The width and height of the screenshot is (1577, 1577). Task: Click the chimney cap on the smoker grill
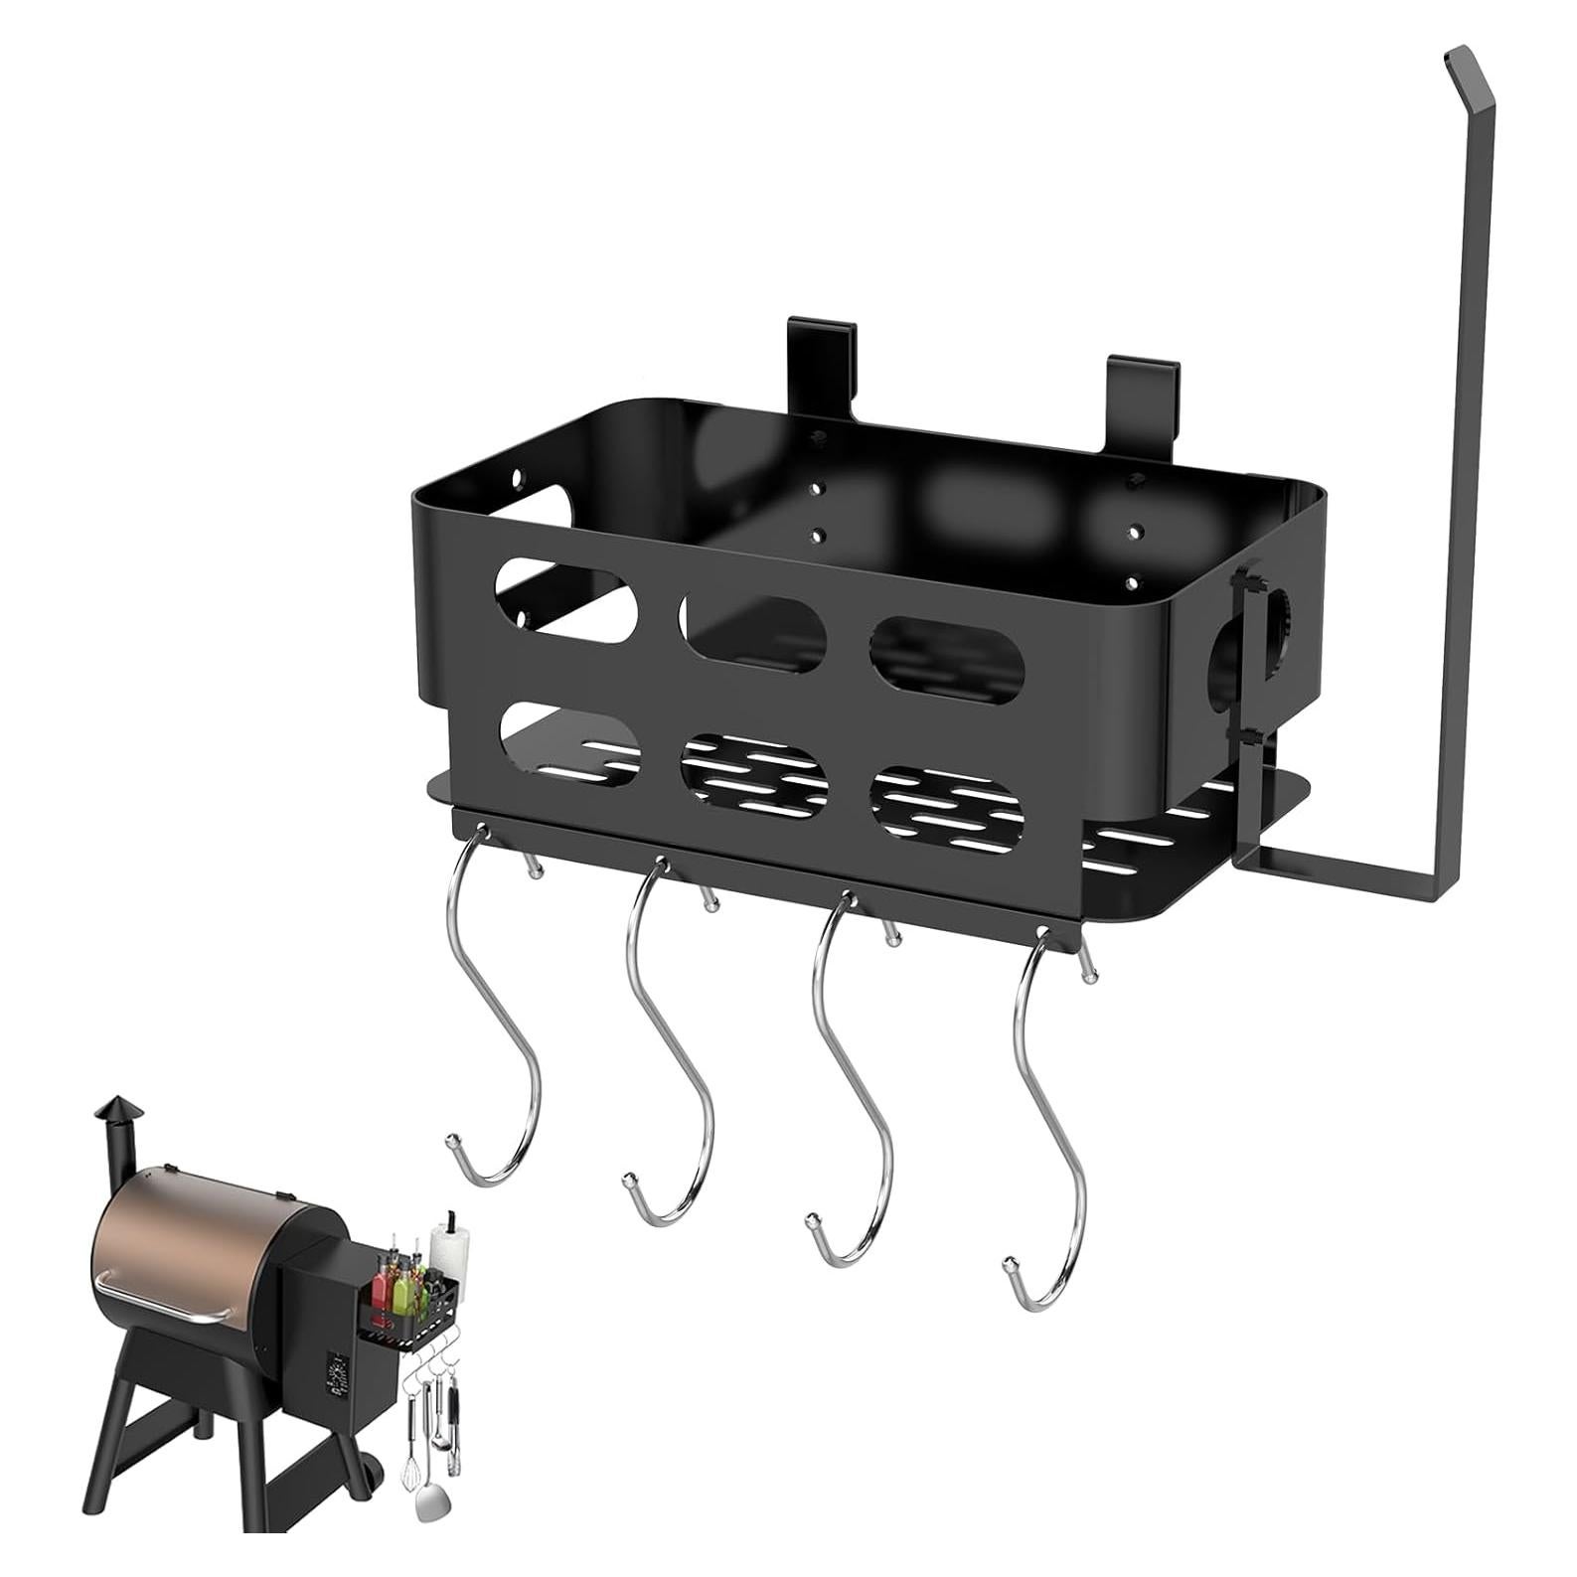pos(116,1110)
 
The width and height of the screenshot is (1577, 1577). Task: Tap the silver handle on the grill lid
pos(159,1307)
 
